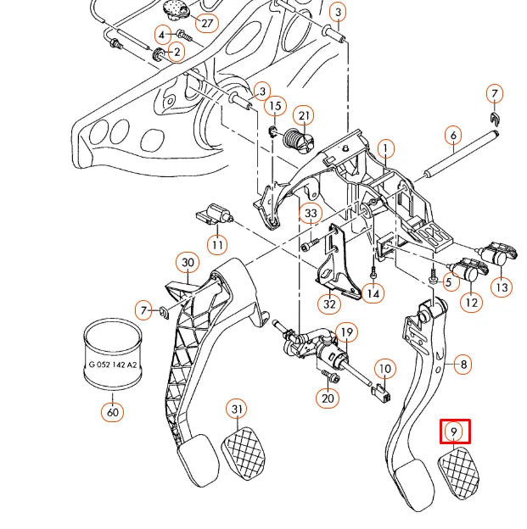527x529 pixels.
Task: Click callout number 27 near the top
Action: click(206, 22)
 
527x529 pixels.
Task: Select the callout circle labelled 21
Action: click(304, 116)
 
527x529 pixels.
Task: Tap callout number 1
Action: click(386, 150)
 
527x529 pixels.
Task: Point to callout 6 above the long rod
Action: click(453, 135)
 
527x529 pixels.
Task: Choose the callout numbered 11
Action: click(218, 246)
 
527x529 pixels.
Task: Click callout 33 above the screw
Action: click(311, 213)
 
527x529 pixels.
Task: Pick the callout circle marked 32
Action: click(328, 303)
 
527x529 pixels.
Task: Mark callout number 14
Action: click(373, 293)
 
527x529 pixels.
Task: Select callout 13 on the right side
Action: click(502, 287)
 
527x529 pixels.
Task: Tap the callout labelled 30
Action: click(188, 263)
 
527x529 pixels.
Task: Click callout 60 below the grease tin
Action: click(112, 413)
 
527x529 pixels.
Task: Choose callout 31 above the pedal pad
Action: click(237, 409)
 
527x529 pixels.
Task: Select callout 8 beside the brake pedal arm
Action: click(463, 365)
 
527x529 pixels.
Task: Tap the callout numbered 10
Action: click(385, 369)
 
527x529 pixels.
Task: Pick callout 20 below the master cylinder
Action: click(328, 398)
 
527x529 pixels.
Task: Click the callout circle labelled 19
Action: click(345, 331)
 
